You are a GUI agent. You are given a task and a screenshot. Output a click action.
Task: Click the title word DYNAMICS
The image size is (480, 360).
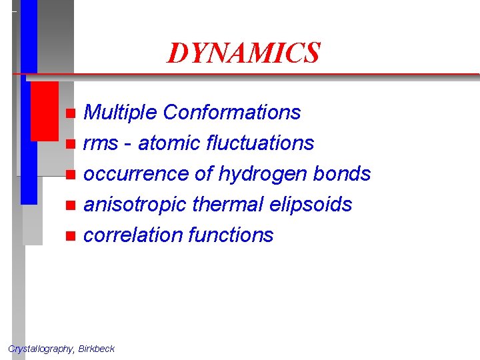[243, 53]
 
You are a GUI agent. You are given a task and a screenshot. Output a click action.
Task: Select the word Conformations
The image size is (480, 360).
[231, 113]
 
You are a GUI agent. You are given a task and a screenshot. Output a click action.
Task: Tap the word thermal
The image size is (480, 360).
[225, 205]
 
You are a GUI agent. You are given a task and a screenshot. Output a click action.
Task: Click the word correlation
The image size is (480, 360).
[133, 235]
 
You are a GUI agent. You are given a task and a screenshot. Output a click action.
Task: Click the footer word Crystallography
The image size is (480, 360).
[41, 349]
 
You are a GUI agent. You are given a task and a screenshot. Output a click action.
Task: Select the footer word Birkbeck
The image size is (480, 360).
[97, 349]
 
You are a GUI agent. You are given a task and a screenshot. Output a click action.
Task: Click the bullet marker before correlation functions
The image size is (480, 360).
[71, 236]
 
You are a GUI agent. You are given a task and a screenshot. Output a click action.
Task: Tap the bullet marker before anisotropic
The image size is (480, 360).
[71, 205]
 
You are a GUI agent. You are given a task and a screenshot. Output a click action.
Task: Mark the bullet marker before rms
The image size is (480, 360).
[71, 144]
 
